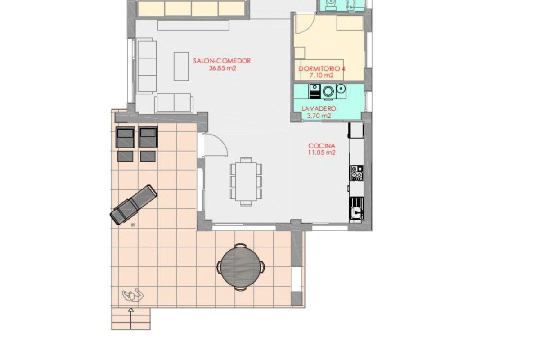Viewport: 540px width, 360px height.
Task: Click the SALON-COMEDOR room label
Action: click(x=222, y=61)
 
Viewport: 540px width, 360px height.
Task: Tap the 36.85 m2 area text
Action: click(x=222, y=68)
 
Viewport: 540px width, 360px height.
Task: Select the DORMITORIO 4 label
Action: click(x=322, y=69)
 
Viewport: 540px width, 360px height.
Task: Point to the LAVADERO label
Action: click(x=319, y=109)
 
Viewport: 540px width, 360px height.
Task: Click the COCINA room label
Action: click(x=322, y=146)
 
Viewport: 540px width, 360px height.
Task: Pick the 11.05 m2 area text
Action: click(x=322, y=153)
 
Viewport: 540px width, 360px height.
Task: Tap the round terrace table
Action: click(x=241, y=267)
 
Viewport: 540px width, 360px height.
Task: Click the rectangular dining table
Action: click(x=246, y=181)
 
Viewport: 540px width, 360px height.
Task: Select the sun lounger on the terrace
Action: click(x=134, y=205)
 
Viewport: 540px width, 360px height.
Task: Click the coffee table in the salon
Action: click(x=181, y=66)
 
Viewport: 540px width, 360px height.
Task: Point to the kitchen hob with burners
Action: click(x=356, y=173)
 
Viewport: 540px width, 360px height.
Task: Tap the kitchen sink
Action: click(x=356, y=208)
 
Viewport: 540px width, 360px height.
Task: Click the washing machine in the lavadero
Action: click(x=328, y=91)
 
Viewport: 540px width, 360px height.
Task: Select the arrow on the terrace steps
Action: click(x=131, y=318)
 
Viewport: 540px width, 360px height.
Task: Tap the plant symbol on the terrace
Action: click(x=133, y=295)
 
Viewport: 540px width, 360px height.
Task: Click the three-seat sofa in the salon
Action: click(x=147, y=67)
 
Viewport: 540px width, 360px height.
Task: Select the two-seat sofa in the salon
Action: click(x=174, y=103)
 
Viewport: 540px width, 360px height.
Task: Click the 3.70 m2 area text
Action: click(x=319, y=116)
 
